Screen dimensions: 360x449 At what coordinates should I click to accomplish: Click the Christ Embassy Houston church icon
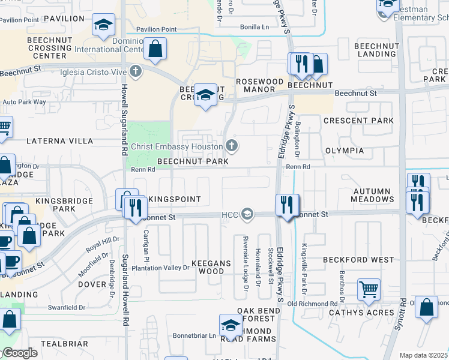tap(232, 146)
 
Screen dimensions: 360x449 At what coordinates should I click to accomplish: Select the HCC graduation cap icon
tap(247, 214)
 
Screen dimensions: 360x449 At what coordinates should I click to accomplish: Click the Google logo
tap(19, 353)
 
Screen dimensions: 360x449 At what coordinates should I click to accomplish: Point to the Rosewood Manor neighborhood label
tap(259, 85)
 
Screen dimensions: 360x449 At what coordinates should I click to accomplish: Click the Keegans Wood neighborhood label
tap(208, 267)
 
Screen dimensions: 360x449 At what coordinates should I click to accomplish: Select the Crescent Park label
tap(358, 121)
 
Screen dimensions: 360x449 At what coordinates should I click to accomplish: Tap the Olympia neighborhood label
tap(345, 150)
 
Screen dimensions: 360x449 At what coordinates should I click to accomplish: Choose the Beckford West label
tap(358, 260)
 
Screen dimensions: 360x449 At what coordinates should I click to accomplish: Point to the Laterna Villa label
tap(59, 141)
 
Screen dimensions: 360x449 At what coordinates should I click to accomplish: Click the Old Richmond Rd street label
tap(312, 304)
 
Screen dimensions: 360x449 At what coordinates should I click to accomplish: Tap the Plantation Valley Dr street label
tap(160, 268)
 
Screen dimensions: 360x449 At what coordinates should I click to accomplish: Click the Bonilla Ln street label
tap(255, 28)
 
